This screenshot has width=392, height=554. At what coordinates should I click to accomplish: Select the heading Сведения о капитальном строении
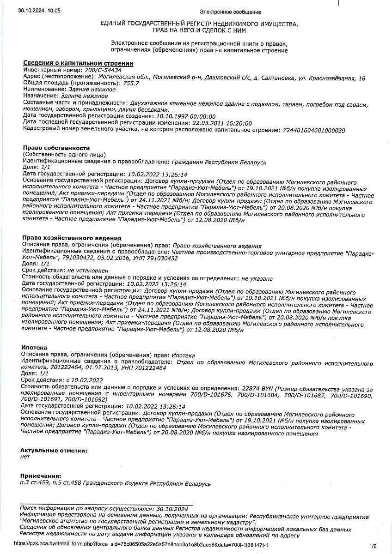point(78,63)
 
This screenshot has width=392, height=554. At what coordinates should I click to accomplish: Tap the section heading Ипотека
point(34,347)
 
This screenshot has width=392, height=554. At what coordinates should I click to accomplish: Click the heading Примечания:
point(41,476)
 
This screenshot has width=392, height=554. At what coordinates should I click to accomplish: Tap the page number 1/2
point(374,545)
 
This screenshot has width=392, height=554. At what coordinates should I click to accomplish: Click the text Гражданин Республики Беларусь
point(219,162)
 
